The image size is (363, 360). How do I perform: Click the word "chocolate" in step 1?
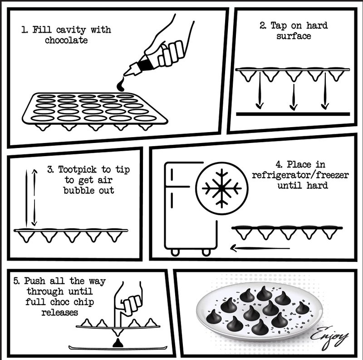pyautogui.click(x=66, y=40)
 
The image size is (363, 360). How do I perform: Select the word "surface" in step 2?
pyautogui.click(x=294, y=36)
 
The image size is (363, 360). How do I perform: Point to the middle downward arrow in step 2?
pyautogui.click(x=293, y=97)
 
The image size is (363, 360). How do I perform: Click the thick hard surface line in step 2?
pyautogui.click(x=293, y=114)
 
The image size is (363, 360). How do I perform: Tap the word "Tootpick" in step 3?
pyautogui.click(x=77, y=170)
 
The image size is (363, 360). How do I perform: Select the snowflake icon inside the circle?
pyautogui.click(x=222, y=188)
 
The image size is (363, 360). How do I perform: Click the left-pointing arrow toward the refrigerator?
pyautogui.click(x=260, y=248)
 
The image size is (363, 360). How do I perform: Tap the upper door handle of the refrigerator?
pyautogui.click(x=172, y=174)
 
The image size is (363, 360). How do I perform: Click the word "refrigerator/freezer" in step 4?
pyautogui.click(x=300, y=175)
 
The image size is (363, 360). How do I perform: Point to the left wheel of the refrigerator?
pyautogui.click(x=175, y=252)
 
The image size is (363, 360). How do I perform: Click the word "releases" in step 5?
pyautogui.click(x=60, y=312)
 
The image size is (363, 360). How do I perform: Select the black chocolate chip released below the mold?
pyautogui.click(x=118, y=343)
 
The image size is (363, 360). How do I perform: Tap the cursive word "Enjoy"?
pyautogui.click(x=329, y=337)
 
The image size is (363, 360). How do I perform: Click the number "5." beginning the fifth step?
pyautogui.click(x=16, y=281)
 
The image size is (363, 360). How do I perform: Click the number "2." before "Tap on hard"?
pyautogui.click(x=263, y=25)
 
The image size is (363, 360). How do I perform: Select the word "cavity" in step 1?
pyautogui.click(x=71, y=30)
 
